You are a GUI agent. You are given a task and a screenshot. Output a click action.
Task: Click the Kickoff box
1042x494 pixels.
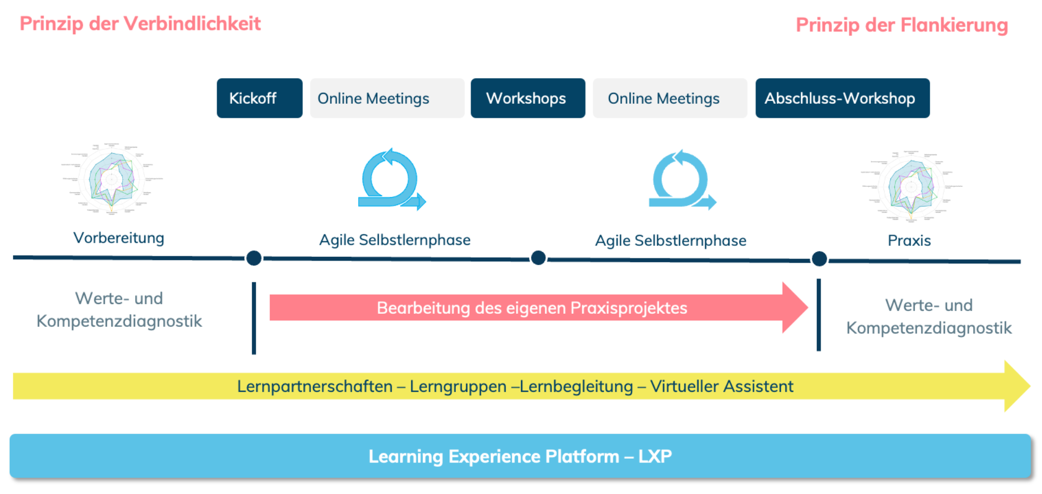(x=259, y=98)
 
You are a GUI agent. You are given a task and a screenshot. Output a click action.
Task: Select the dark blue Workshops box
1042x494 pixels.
(x=528, y=98)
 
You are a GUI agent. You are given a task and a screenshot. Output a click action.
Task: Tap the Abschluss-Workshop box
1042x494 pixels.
(x=842, y=98)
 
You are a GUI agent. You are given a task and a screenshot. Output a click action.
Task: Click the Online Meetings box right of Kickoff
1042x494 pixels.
(x=387, y=98)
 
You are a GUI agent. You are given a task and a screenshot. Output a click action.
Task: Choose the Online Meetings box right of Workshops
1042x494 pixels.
(x=670, y=98)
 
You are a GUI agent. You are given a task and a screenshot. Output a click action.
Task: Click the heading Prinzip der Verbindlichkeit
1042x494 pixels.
(x=140, y=24)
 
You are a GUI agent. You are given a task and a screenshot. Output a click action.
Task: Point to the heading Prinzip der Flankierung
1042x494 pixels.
(x=901, y=25)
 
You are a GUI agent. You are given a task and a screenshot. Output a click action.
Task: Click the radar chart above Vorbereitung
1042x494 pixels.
(x=112, y=179)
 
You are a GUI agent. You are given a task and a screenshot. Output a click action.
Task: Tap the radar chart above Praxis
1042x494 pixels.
(x=911, y=186)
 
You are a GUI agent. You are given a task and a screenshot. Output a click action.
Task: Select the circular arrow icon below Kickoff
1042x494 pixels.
(x=391, y=180)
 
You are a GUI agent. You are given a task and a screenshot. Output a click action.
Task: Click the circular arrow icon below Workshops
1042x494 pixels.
(x=682, y=181)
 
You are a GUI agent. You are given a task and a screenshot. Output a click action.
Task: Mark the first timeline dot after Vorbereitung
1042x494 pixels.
(x=253, y=258)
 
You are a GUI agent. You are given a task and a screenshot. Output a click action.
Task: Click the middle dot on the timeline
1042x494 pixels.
(x=538, y=258)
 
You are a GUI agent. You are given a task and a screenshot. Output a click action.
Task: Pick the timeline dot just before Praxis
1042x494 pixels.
(x=819, y=259)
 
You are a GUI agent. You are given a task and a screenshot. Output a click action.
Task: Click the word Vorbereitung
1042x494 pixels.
(x=119, y=238)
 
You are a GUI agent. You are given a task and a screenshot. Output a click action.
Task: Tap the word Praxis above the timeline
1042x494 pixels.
(x=909, y=240)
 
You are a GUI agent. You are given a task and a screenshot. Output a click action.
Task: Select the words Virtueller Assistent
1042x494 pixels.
(x=721, y=386)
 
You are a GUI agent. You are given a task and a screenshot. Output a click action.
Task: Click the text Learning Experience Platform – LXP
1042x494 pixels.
(x=520, y=456)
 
